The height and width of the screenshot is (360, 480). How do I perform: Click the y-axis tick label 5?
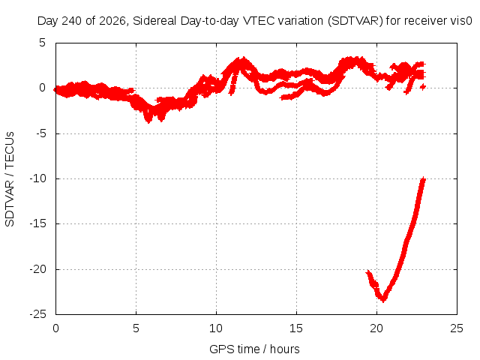click(42, 43)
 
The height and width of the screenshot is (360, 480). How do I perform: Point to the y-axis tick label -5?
click(40, 133)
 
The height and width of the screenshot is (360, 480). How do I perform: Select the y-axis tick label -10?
click(37, 178)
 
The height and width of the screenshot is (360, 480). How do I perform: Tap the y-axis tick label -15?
click(37, 223)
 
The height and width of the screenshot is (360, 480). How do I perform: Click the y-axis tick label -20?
click(37, 269)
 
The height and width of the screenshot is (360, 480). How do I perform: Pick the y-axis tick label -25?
click(37, 314)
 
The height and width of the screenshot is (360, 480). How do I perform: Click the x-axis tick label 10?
click(216, 328)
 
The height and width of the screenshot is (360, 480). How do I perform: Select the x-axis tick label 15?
click(296, 328)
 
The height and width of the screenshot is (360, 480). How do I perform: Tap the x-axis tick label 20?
click(376, 328)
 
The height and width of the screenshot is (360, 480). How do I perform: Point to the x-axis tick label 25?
click(457, 328)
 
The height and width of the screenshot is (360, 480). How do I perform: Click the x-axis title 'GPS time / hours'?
click(254, 349)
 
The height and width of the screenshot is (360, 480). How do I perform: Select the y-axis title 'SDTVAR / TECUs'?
click(10, 179)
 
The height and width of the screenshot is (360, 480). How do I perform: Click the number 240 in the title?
click(72, 21)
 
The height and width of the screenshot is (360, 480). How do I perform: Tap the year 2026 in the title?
click(112, 21)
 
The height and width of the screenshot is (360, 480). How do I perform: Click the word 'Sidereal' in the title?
click(154, 21)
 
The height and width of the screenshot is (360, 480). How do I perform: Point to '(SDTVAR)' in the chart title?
click(355, 21)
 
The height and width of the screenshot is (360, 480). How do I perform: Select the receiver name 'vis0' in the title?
click(462, 21)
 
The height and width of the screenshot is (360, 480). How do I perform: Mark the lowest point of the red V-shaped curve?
click(383, 301)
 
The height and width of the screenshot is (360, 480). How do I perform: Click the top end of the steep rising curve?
click(423, 178)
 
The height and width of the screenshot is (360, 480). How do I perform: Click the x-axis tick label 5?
click(136, 328)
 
